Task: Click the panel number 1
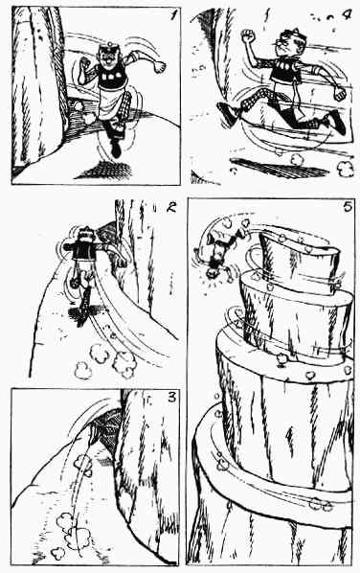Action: (174, 15)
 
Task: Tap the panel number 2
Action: (170, 208)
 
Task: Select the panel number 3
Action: (172, 397)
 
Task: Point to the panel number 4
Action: (347, 15)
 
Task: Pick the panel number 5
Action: (348, 207)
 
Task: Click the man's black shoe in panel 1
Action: (116, 149)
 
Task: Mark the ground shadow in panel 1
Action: (104, 170)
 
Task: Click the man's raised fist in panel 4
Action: (248, 35)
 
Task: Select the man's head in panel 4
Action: (286, 41)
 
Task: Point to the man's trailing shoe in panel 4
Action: (229, 113)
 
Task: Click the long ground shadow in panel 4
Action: (275, 168)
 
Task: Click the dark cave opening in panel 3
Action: (107, 431)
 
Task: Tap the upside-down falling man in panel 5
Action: (218, 251)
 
